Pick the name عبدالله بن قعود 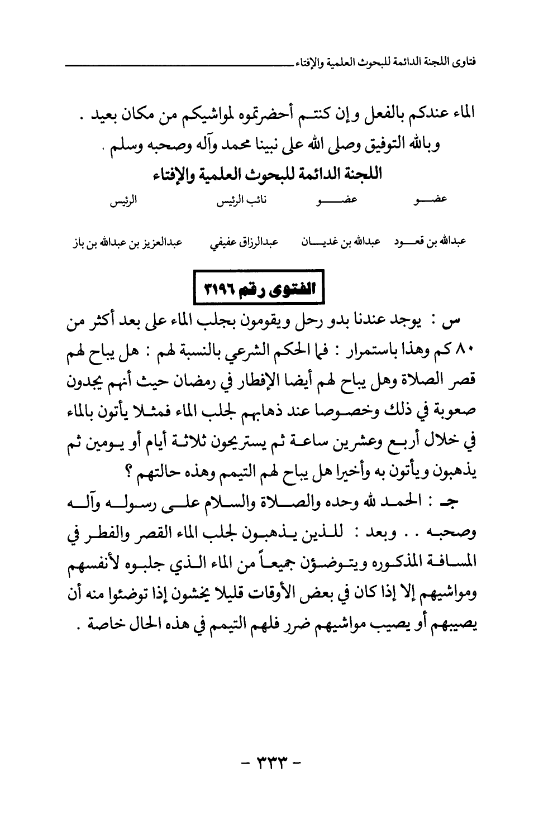(431, 243)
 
